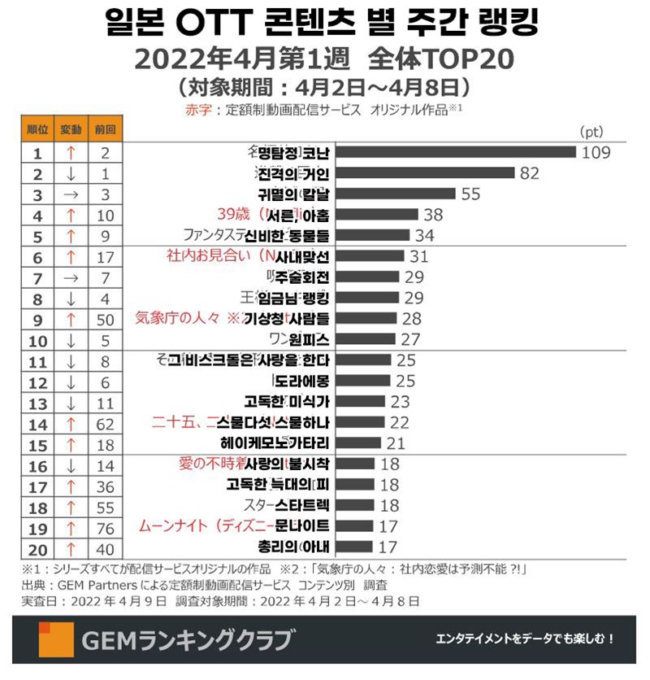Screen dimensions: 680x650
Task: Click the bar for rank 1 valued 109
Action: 455,152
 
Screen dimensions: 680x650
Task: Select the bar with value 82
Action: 425,173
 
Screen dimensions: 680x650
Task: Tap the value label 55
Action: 471,194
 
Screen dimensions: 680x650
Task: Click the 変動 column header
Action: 71,129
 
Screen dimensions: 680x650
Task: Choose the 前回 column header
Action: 104,129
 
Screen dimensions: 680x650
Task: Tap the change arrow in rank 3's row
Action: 71,194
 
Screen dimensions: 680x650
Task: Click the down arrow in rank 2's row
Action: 71,173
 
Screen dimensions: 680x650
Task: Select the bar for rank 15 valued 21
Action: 357,443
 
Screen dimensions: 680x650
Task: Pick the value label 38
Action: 434,215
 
